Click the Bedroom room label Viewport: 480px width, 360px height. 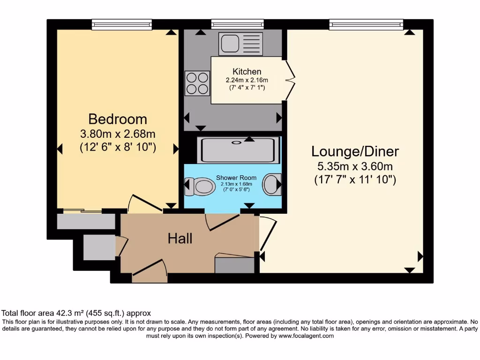(118, 119)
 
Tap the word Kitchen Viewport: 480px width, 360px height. (247, 72)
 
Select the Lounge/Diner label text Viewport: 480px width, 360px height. (355, 151)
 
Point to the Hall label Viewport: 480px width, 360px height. (180, 239)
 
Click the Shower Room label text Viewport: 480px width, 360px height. (236, 178)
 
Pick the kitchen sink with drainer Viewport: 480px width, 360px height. (240, 44)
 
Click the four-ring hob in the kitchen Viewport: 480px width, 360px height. (197, 82)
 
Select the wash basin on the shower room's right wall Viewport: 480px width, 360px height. (271, 184)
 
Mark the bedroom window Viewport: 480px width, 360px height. (122, 24)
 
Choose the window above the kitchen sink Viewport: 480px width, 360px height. (237, 24)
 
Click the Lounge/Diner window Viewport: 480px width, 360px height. (366, 24)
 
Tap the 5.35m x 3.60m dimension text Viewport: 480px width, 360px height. (355, 166)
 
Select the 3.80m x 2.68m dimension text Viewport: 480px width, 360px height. (118, 134)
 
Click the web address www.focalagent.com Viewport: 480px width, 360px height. (306, 336)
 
